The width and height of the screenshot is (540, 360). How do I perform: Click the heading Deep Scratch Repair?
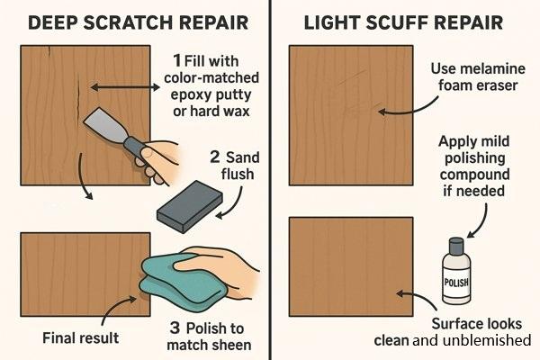(138, 22)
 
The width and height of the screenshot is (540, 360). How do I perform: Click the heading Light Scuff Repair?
(403, 22)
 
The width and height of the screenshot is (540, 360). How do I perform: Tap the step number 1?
(177, 60)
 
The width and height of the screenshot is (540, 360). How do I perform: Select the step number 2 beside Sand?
(214, 157)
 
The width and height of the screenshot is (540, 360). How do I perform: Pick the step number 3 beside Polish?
(175, 328)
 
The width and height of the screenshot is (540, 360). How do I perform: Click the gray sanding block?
(189, 206)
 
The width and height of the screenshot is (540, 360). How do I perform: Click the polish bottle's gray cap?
(456, 245)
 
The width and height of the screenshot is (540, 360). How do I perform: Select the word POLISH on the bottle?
(456, 283)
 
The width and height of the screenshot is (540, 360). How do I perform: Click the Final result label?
(81, 338)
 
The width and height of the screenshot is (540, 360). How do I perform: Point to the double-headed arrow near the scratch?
(125, 87)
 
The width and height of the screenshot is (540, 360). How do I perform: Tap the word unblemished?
(487, 340)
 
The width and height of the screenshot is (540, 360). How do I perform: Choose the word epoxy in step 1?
(188, 95)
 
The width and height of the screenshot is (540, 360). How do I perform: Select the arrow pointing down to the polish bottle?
(481, 222)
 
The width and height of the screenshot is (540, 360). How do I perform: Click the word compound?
(474, 175)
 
